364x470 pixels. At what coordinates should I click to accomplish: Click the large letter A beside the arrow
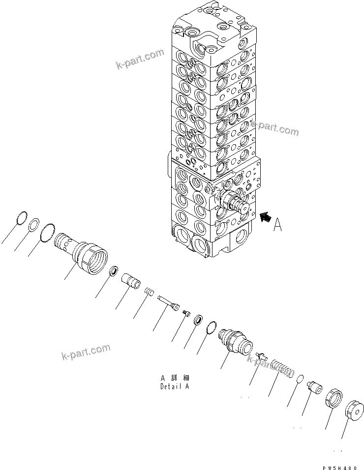tap(277, 225)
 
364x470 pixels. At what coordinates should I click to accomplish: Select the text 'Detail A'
tap(175, 386)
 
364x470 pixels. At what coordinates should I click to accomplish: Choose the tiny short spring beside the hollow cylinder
tap(149, 294)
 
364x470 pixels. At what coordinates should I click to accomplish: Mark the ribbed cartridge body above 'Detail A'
tap(234, 341)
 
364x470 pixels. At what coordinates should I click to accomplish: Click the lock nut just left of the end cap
tap(333, 398)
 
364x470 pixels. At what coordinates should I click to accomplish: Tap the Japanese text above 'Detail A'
tap(175, 377)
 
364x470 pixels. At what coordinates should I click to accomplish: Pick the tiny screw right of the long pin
tap(186, 314)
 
